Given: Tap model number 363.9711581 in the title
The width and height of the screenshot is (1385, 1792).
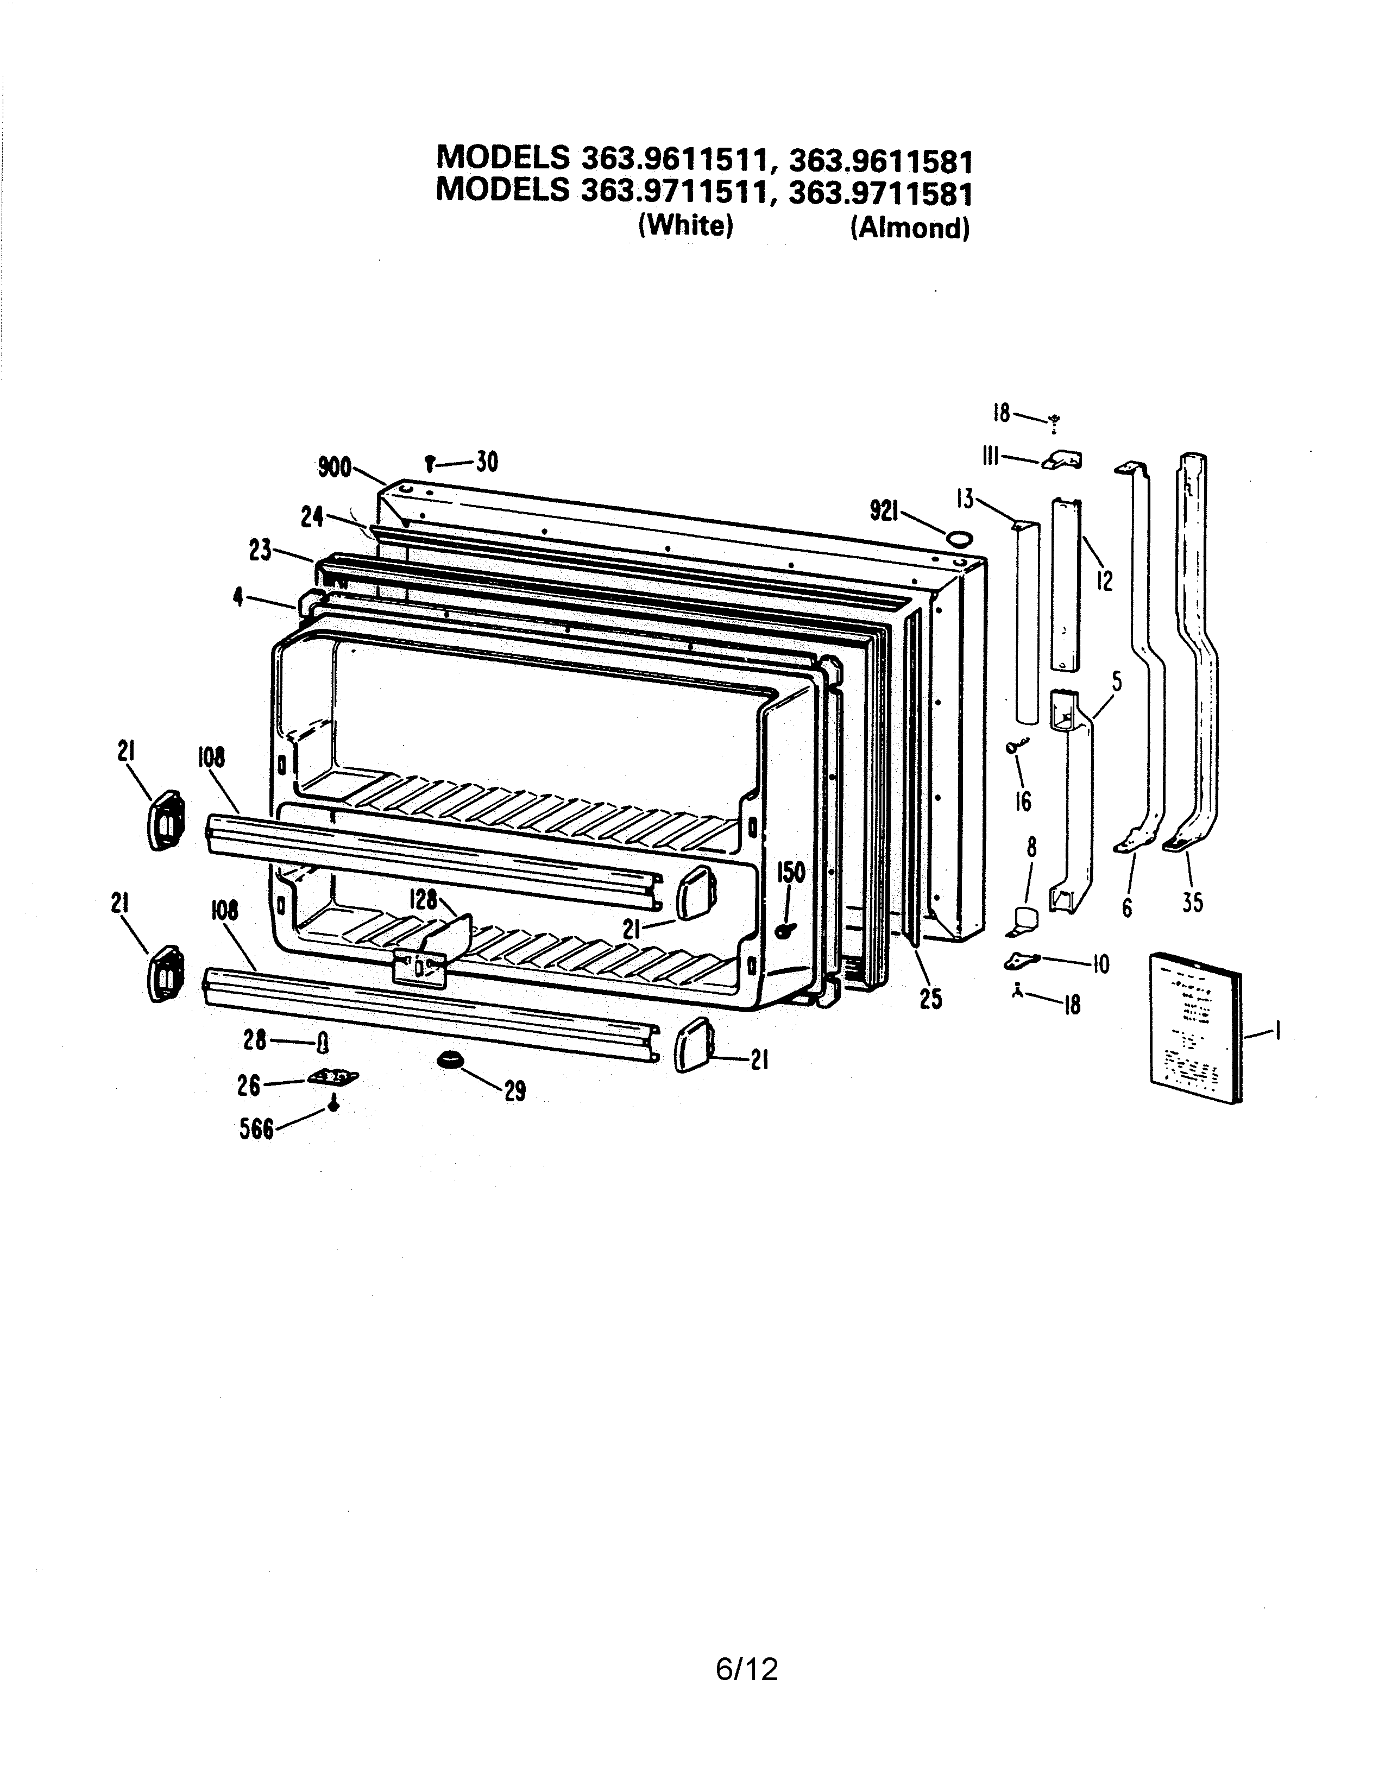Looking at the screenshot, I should [879, 193].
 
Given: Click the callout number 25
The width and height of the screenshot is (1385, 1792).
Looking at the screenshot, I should [930, 999].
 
